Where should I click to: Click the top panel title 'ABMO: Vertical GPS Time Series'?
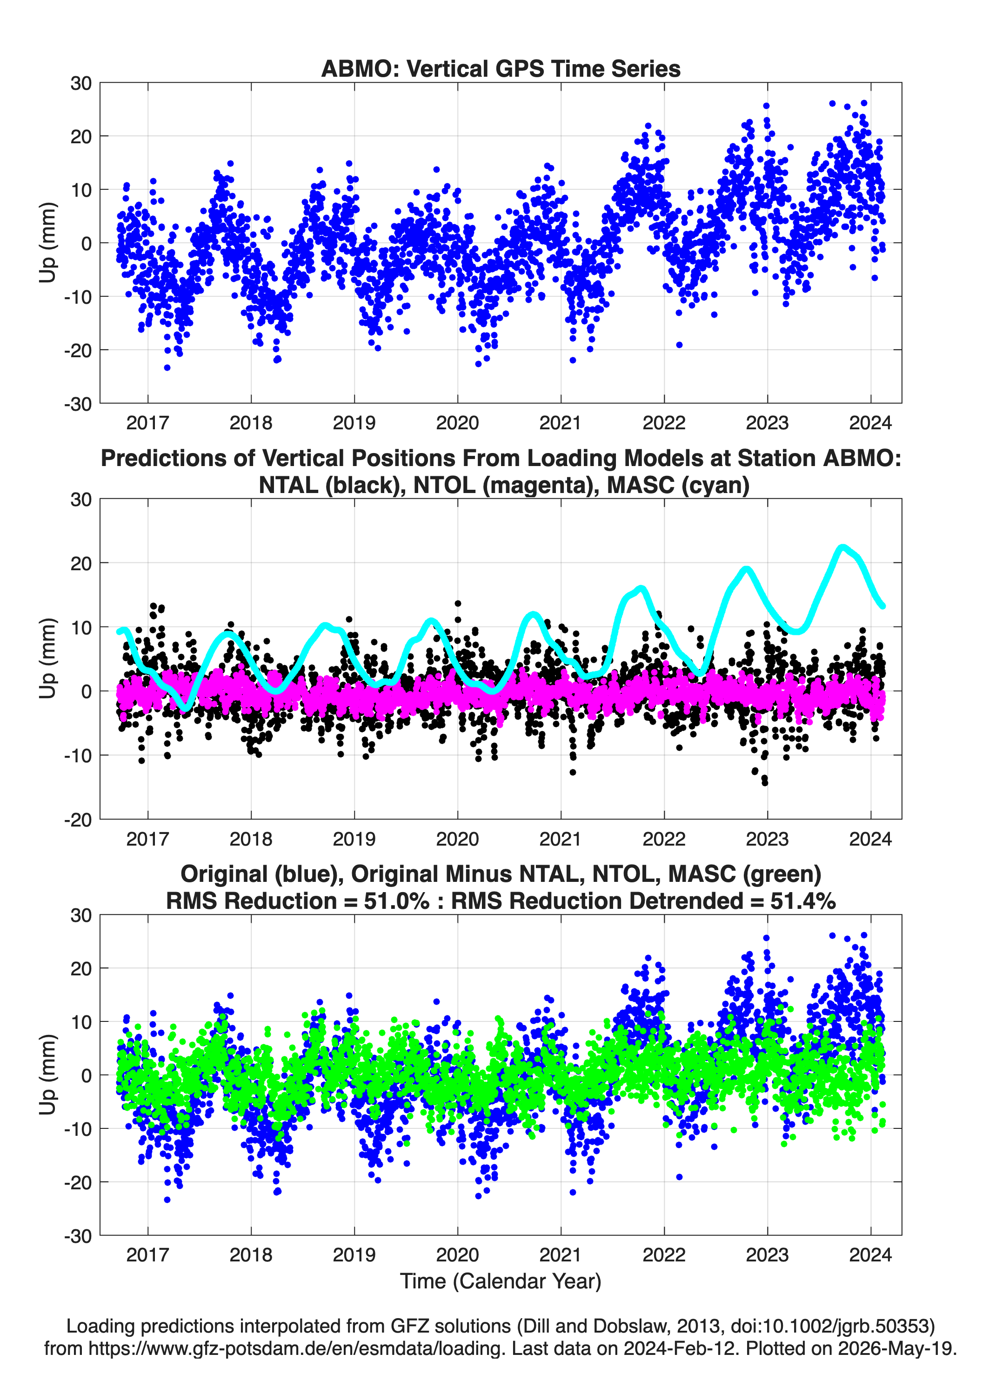[x=501, y=68]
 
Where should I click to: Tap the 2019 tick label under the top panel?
[x=354, y=423]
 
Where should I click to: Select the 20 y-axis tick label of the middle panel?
[x=81, y=563]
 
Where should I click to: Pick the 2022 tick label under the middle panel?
[x=664, y=839]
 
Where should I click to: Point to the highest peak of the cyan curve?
[x=843, y=547]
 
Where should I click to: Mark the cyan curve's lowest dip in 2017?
[x=187, y=707]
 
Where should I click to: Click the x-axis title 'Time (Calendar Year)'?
[x=501, y=1281]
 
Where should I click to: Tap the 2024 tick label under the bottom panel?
[x=870, y=1255]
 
